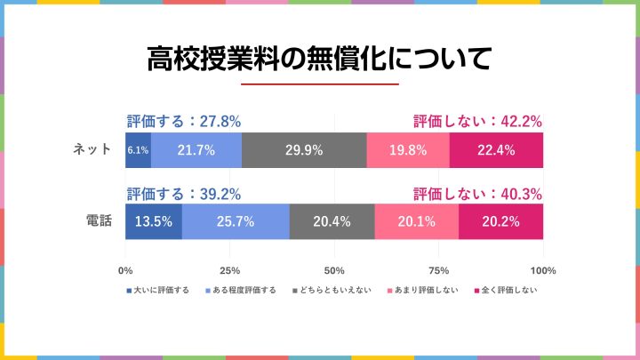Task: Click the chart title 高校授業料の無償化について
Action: (x=319, y=60)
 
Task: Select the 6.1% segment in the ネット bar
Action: (x=138, y=150)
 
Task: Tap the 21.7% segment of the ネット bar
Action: (x=196, y=150)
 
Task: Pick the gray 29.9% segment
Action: (x=304, y=150)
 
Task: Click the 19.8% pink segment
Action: (x=408, y=150)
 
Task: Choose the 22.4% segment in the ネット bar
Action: (x=496, y=150)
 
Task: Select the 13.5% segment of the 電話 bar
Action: (x=154, y=221)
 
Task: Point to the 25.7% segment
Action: (x=236, y=221)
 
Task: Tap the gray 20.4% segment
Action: (x=332, y=221)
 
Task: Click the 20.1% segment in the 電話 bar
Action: (x=417, y=221)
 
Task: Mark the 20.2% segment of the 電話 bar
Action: (x=500, y=221)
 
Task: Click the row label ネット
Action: (x=92, y=150)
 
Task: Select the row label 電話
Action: (x=99, y=221)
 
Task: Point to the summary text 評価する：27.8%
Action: (x=184, y=122)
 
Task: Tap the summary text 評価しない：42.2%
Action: (x=478, y=122)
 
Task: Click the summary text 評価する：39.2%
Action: (x=184, y=193)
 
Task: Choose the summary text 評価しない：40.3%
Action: (x=478, y=193)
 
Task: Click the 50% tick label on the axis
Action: (x=334, y=270)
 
